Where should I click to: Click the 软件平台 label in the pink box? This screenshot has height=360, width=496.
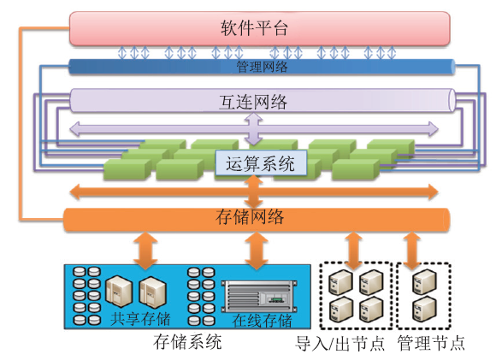(x=254, y=28)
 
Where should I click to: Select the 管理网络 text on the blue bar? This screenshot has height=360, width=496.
(x=263, y=67)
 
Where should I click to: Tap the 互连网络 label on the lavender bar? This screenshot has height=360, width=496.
(x=253, y=102)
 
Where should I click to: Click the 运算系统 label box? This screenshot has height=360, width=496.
(x=261, y=163)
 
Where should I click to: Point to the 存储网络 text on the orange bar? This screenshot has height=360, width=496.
(x=250, y=217)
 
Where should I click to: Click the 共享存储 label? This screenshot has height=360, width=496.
(x=140, y=318)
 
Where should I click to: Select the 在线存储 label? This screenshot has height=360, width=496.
(x=262, y=320)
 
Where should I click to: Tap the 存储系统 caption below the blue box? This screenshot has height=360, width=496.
(x=187, y=342)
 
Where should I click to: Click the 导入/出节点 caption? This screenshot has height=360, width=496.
(x=340, y=343)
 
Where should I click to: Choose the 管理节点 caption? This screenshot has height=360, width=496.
(x=431, y=343)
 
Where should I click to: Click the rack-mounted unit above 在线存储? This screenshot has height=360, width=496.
(x=259, y=296)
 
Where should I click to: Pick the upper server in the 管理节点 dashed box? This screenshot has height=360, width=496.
(x=424, y=281)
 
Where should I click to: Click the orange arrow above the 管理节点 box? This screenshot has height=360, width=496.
(x=411, y=251)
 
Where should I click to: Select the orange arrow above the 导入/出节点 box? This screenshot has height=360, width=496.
(x=353, y=251)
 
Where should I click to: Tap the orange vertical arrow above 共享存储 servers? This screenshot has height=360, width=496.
(x=145, y=251)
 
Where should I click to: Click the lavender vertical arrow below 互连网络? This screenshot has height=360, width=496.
(x=254, y=129)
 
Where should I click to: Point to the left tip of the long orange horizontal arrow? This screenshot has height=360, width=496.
(x=70, y=192)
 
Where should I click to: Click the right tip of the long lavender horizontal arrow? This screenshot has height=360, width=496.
(x=438, y=129)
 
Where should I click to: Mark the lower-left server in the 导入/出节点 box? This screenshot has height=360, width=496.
(x=341, y=309)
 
